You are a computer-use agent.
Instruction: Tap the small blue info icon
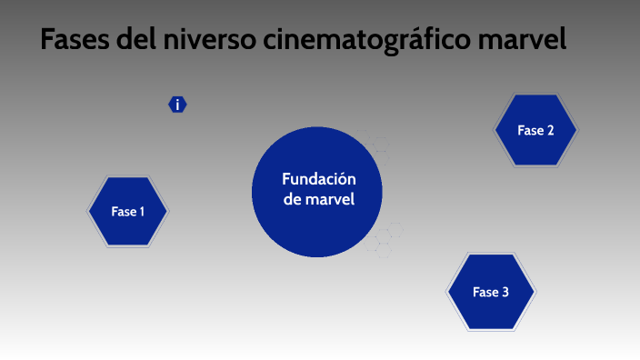click(x=177, y=105)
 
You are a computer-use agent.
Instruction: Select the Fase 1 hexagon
click(x=128, y=212)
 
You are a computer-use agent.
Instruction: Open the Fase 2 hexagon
click(x=535, y=130)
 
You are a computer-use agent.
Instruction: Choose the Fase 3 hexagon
click(x=490, y=292)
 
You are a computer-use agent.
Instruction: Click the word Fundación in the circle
click(x=317, y=179)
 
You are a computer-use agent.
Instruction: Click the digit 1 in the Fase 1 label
click(x=141, y=212)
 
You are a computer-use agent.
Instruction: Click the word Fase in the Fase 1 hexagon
click(x=123, y=212)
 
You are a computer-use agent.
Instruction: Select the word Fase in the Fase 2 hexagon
click(x=530, y=130)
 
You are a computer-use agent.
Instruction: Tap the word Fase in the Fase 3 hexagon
click(x=485, y=292)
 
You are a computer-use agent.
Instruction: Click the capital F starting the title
click(x=48, y=41)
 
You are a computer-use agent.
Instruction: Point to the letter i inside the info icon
click(x=177, y=105)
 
